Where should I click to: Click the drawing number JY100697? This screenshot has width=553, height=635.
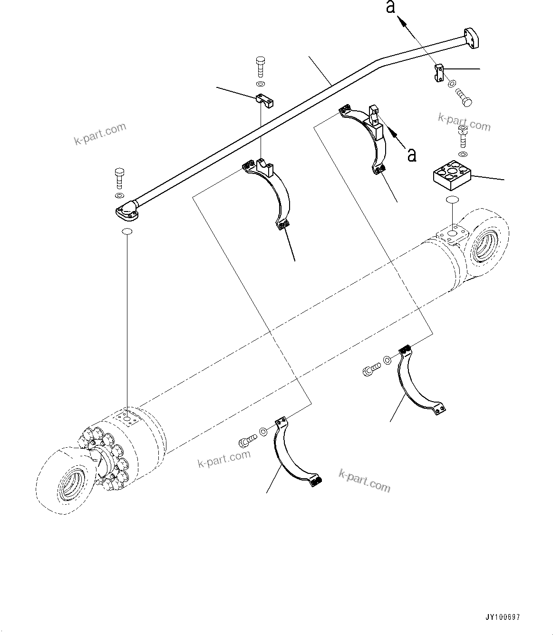pyautogui.click(x=502, y=617)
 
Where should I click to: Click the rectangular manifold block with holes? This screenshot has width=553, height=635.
pyautogui.click(x=451, y=176)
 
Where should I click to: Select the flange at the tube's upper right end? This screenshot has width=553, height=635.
pyautogui.click(x=470, y=37)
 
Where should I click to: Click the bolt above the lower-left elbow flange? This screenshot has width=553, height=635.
pyautogui.click(x=119, y=178)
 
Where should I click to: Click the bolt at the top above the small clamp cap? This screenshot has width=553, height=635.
pyautogui.click(x=260, y=67)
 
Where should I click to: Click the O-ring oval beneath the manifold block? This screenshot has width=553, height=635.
pyautogui.click(x=452, y=201)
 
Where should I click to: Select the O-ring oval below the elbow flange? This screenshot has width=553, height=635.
pyautogui.click(x=127, y=231)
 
